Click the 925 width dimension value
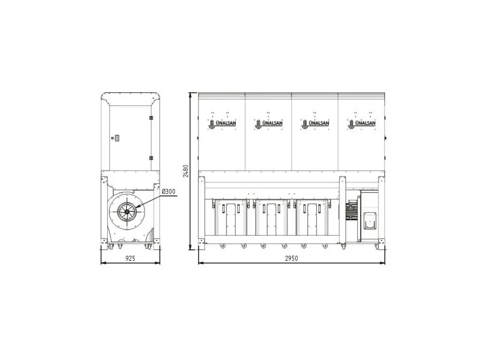(x=130, y=258)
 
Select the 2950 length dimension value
(x=292, y=258)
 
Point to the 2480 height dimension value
(x=186, y=171)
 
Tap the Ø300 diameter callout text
(x=169, y=192)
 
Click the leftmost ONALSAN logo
(x=222, y=123)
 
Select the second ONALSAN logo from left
(x=269, y=123)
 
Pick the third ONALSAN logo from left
(x=315, y=123)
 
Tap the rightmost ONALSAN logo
(x=361, y=123)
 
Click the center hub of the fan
(x=127, y=211)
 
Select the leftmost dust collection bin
(x=231, y=217)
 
